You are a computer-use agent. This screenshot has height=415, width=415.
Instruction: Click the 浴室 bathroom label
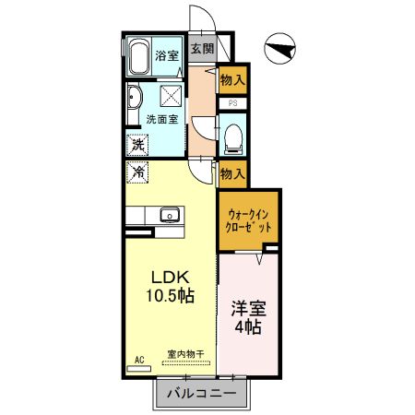coord(166,54)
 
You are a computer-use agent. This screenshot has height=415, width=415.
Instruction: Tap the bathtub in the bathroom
coord(139,56)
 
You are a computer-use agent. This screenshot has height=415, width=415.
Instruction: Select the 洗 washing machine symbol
coord(136,144)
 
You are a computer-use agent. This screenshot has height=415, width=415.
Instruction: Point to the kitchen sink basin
coord(169,216)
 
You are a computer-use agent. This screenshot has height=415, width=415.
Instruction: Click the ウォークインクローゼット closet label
coord(248,219)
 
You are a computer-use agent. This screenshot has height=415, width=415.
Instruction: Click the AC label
coord(140,359)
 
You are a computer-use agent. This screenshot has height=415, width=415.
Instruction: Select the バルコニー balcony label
coord(201,394)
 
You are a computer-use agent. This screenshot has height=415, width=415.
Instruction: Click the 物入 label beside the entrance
coord(232,80)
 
